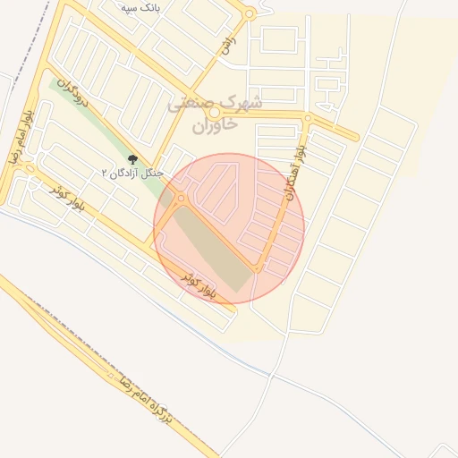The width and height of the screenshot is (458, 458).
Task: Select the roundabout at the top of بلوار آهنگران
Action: point(308,118)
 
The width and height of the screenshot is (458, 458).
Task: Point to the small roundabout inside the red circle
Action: point(182,198)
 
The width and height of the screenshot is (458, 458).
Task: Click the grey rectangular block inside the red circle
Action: point(213,248)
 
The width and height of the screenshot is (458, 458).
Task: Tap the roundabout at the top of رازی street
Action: point(250,14)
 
